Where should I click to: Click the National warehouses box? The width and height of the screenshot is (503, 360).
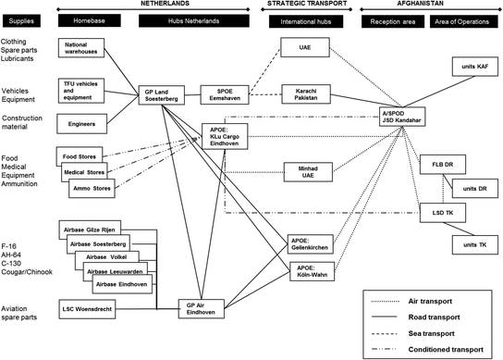point(85,47)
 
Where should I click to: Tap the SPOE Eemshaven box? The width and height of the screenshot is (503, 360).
point(226,95)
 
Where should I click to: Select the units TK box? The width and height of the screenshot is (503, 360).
point(472,245)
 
